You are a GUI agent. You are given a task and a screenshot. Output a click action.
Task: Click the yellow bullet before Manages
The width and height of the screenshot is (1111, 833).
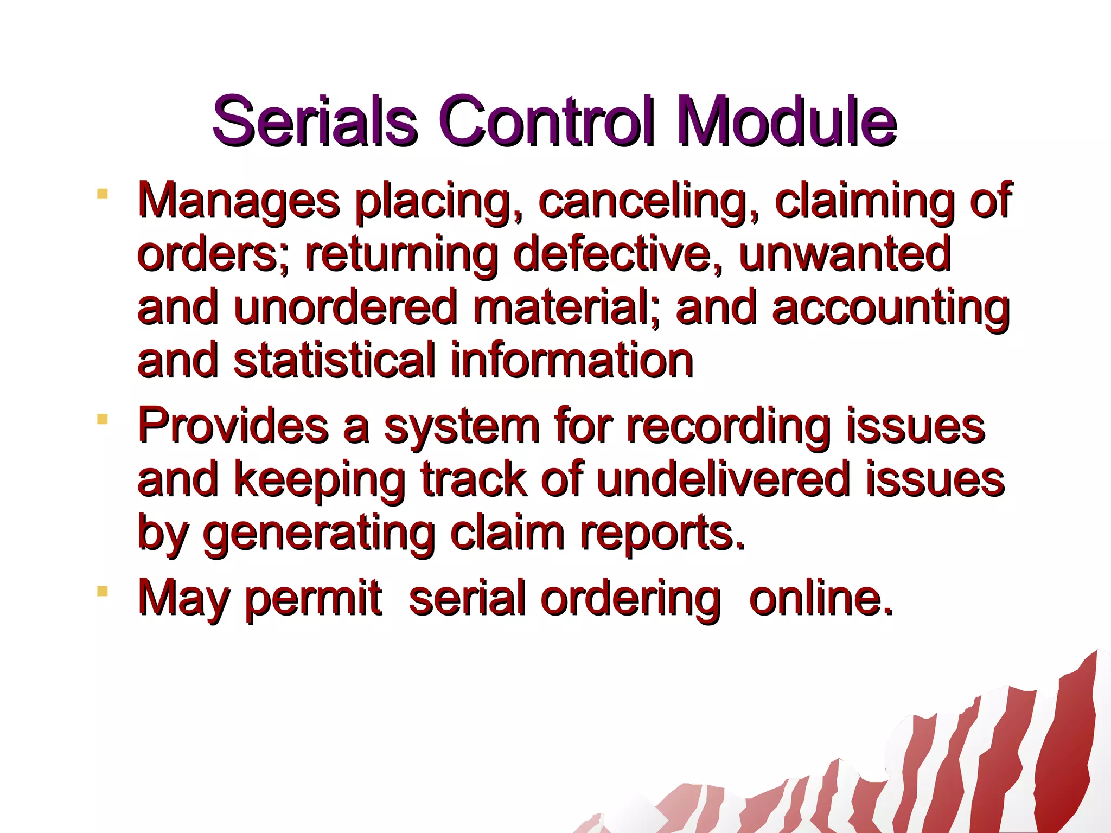(x=102, y=194)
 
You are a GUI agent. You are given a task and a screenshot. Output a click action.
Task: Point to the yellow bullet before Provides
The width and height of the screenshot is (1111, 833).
(x=102, y=419)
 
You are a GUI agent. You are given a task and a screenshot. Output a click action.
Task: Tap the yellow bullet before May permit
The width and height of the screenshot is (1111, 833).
(x=102, y=591)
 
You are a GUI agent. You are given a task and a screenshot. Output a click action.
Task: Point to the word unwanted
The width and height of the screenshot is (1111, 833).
(x=845, y=254)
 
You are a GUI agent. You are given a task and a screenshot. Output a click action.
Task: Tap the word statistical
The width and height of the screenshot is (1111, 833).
(x=334, y=360)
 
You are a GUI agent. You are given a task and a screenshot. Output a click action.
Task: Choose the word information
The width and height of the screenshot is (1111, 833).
(x=572, y=360)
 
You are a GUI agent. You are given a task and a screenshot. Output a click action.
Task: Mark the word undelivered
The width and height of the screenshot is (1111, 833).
(x=722, y=479)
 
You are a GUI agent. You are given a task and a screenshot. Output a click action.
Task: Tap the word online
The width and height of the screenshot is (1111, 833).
(x=820, y=598)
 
